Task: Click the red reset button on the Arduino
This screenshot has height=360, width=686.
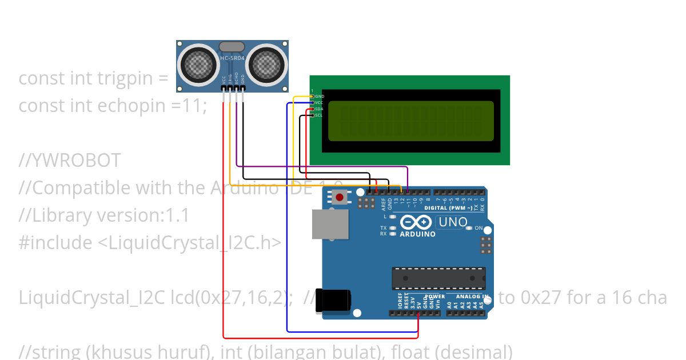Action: pos(340,198)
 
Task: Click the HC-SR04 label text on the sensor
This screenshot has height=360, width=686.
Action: pos(232,58)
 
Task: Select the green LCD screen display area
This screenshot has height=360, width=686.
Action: pos(410,121)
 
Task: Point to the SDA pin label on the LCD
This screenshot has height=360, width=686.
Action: pos(319,109)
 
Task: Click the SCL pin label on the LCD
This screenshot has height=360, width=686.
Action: pos(319,115)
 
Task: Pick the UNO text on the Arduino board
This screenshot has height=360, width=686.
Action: pos(452,222)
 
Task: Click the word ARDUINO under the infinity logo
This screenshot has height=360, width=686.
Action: pos(417,234)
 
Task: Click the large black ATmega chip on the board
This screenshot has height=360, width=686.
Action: pos(438,278)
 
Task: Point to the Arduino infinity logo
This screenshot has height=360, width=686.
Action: pos(416,222)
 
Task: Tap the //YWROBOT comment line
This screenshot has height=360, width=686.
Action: pos(70,161)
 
